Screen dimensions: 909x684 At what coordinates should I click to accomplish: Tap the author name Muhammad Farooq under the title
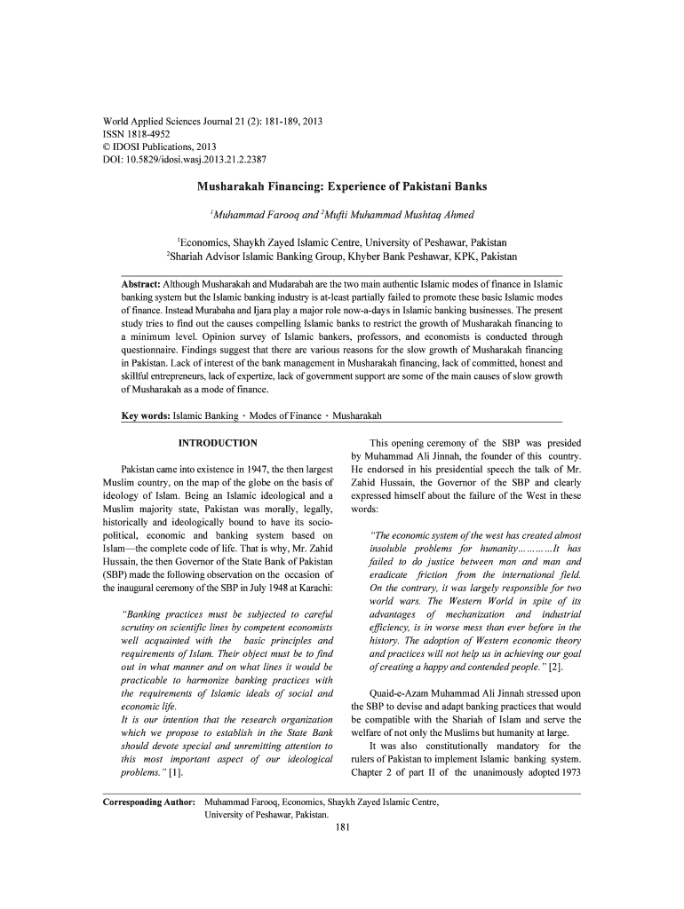[252, 215]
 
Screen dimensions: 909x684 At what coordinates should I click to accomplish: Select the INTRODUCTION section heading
[218, 443]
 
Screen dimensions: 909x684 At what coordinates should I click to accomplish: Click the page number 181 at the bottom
[342, 828]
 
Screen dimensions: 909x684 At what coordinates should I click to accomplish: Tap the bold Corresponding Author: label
[149, 802]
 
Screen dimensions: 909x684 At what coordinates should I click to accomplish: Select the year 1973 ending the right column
[569, 772]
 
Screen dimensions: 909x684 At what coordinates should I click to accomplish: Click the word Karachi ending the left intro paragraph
[311, 588]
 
